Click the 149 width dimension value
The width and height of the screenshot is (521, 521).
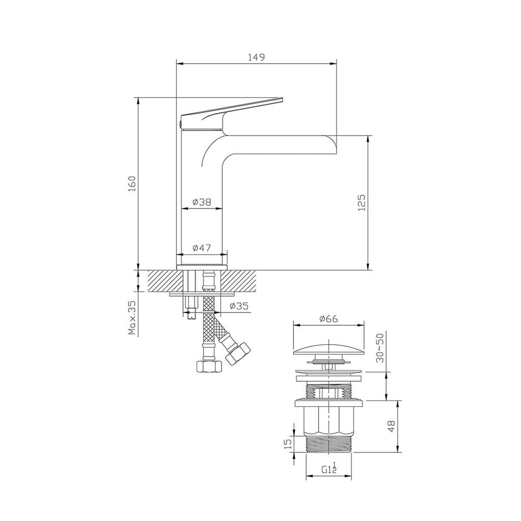(x=257, y=57)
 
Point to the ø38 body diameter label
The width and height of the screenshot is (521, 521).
(x=201, y=202)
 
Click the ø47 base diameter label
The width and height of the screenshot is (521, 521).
(x=202, y=248)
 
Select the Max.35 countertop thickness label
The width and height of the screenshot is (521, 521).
(x=132, y=318)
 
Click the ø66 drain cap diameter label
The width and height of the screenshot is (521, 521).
(x=328, y=319)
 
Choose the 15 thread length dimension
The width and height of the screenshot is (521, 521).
(x=286, y=444)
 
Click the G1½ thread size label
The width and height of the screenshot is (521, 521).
(x=329, y=468)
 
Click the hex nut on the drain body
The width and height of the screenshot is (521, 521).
(x=328, y=421)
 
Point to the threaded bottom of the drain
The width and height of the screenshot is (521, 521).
(x=328, y=444)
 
